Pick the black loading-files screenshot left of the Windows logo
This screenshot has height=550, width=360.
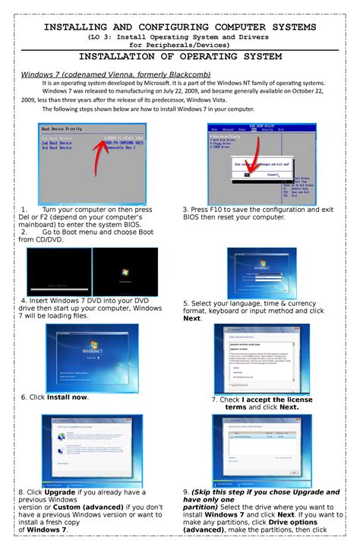[x=58, y=271]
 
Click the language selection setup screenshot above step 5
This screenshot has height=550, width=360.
[x=262, y=273]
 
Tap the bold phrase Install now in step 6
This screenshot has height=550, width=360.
[x=67, y=397]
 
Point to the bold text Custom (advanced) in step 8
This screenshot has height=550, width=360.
[x=85, y=507]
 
